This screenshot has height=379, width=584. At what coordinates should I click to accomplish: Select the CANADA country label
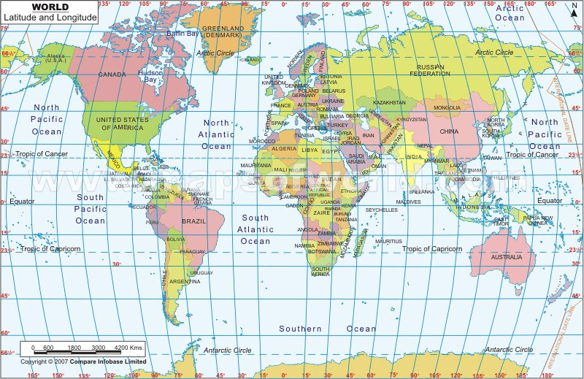click(112, 74)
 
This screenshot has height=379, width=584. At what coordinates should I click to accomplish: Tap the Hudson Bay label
click(151, 77)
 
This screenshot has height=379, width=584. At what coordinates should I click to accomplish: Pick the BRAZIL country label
click(193, 221)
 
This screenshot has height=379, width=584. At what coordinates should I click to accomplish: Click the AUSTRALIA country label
click(506, 257)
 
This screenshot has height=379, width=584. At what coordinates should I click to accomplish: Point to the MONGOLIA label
click(447, 108)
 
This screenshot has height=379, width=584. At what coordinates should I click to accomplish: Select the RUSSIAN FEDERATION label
click(429, 71)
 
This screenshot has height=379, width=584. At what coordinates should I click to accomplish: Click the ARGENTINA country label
click(185, 281)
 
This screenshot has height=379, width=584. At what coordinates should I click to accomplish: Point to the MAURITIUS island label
click(389, 241)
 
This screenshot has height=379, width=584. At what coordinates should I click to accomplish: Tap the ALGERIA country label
click(284, 148)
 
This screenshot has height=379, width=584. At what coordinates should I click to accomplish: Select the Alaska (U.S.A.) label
click(55, 58)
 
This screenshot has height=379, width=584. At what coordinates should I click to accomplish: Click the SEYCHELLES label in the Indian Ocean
click(381, 210)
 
